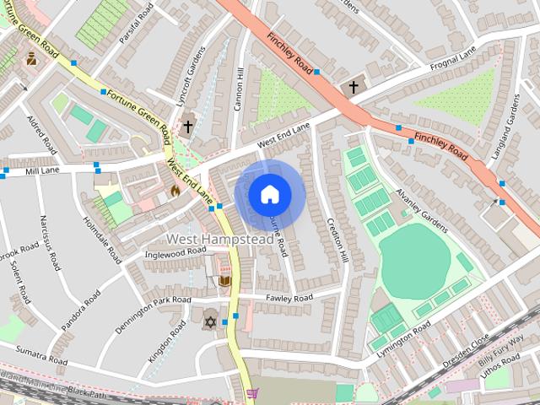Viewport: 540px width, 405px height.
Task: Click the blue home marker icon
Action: (x=269, y=195)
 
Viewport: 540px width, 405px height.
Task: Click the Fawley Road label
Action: (x=289, y=298)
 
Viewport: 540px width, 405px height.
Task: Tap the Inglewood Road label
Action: (x=175, y=251)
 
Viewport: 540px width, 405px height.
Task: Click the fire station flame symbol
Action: (x=175, y=191)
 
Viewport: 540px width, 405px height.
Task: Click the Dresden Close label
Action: (x=467, y=346)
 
